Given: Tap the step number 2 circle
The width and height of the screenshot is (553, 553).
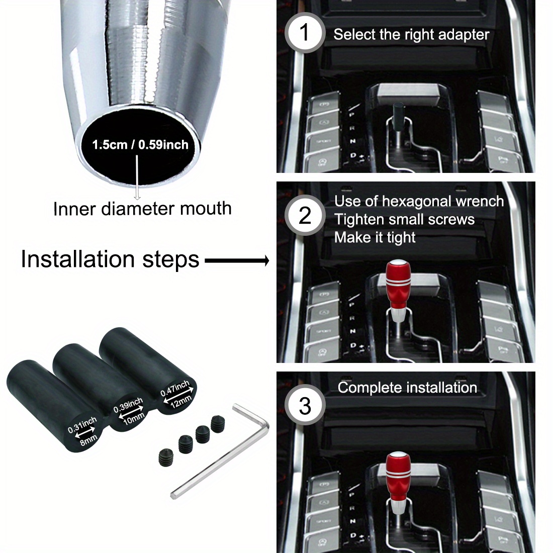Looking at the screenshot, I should (x=305, y=216).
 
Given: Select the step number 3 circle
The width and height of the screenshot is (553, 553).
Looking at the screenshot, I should (x=305, y=406).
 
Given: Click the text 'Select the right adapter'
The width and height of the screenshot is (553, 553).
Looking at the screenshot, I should (x=411, y=35).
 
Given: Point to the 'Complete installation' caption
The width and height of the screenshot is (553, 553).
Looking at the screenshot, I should (x=407, y=388).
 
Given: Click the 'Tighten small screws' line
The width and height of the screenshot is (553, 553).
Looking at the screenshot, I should (x=404, y=220).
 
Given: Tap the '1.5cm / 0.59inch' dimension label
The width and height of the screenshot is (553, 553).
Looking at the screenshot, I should (x=140, y=145).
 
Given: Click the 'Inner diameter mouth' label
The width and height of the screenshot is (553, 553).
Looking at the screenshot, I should (x=142, y=209).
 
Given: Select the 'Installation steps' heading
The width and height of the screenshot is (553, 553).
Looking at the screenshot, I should (x=110, y=259).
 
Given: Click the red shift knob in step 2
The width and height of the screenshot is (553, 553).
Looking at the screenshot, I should (x=398, y=289).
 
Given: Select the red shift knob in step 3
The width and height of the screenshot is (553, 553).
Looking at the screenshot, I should (x=398, y=478).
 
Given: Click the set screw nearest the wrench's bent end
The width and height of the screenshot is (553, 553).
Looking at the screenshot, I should (x=217, y=423).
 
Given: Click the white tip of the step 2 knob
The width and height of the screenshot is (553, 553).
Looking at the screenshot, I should (x=398, y=265).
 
